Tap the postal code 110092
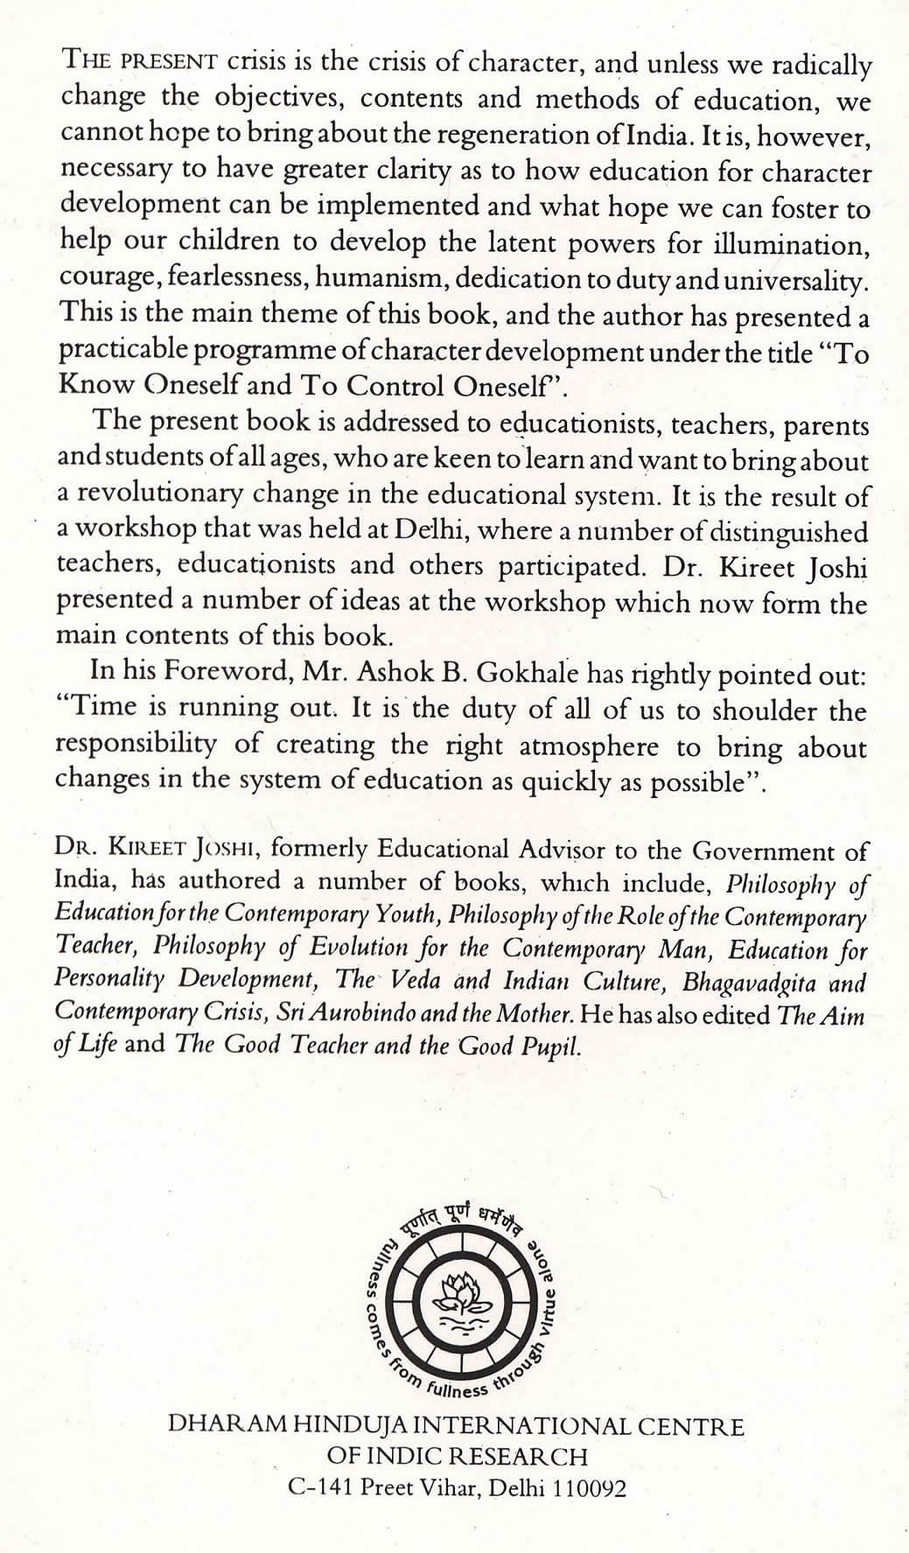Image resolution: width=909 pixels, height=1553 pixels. pos(590,1488)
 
